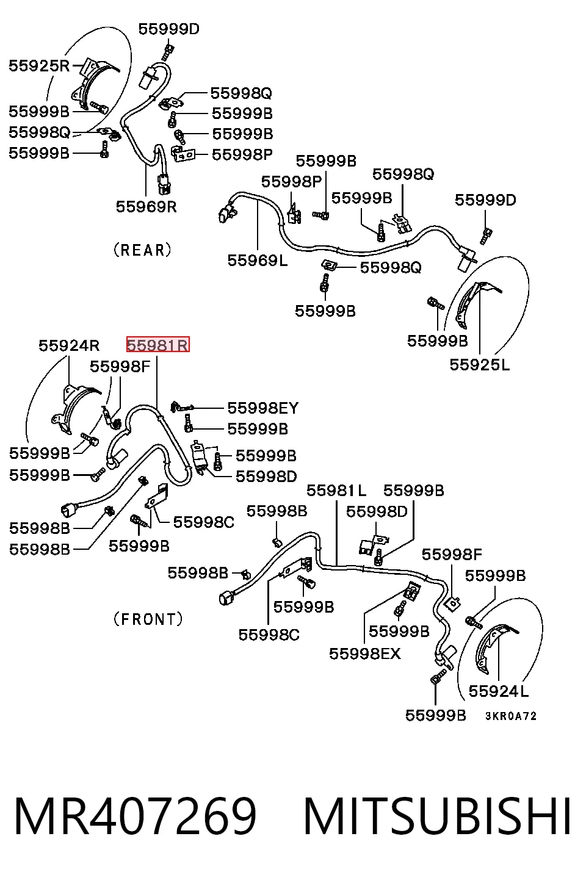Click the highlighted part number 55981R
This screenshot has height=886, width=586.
158,345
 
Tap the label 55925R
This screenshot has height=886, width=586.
39,66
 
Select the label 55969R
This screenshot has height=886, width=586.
146,206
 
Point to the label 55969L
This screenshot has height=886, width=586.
258,261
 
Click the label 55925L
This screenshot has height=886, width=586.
480,365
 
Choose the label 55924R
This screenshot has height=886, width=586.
69,346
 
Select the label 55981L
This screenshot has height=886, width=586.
336,491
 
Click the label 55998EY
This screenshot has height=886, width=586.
263,408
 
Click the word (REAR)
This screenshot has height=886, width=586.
143,250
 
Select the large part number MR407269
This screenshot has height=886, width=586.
136,817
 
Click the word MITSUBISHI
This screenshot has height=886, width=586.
437,817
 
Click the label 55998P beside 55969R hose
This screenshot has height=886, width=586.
242,154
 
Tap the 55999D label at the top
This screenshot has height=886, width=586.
169,29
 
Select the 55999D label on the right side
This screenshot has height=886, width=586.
485,200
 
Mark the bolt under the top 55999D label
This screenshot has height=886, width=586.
168,52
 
